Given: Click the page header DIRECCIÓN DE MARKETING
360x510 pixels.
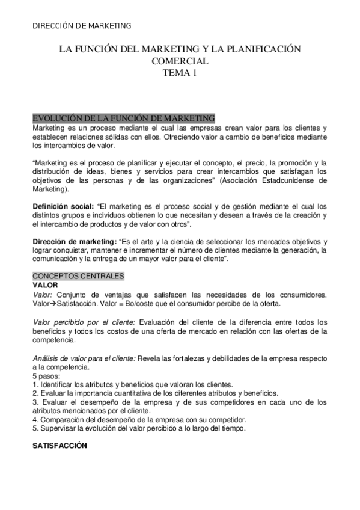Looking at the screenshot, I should pyautogui.click(x=81, y=26).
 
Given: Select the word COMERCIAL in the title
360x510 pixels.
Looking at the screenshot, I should pyautogui.click(x=180, y=61).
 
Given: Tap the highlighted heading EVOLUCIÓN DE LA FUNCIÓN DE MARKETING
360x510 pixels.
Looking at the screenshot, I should pyautogui.click(x=123, y=118).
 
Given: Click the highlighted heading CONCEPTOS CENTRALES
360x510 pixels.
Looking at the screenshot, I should pyautogui.click(x=78, y=276).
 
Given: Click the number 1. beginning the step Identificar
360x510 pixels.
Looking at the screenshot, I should pyautogui.click(x=35, y=385).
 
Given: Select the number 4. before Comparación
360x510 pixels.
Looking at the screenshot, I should pyautogui.click(x=35, y=419).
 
